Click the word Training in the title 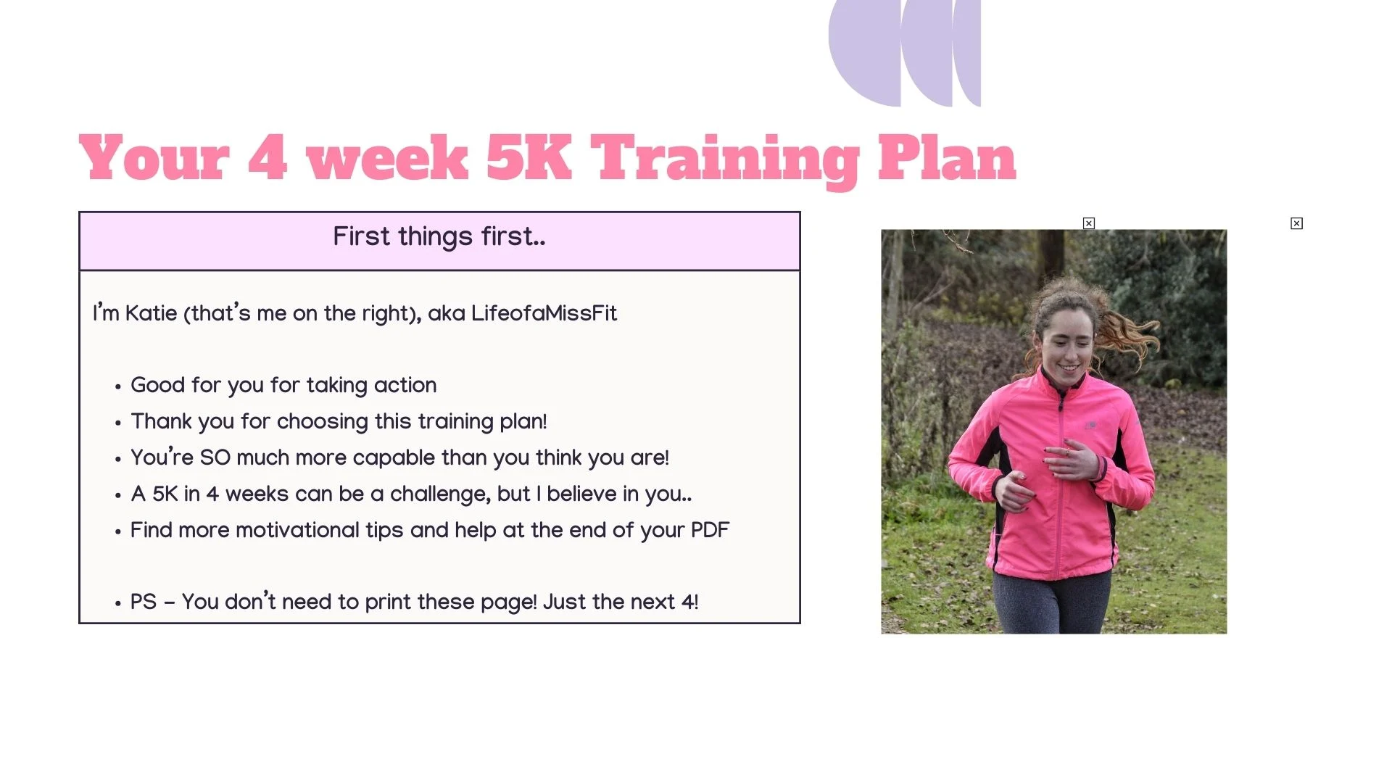(726, 160)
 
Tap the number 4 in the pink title (268, 157)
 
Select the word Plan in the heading (947, 157)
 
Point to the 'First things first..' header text (439, 237)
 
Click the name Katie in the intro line (151, 313)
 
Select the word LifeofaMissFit (544, 313)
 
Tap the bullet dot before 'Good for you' (117, 388)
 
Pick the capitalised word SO (215, 458)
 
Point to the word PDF (710, 531)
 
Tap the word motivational (297, 531)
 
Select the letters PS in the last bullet (144, 602)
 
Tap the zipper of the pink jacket (1062, 478)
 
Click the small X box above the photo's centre (1089, 223)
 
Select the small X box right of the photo (1297, 223)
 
